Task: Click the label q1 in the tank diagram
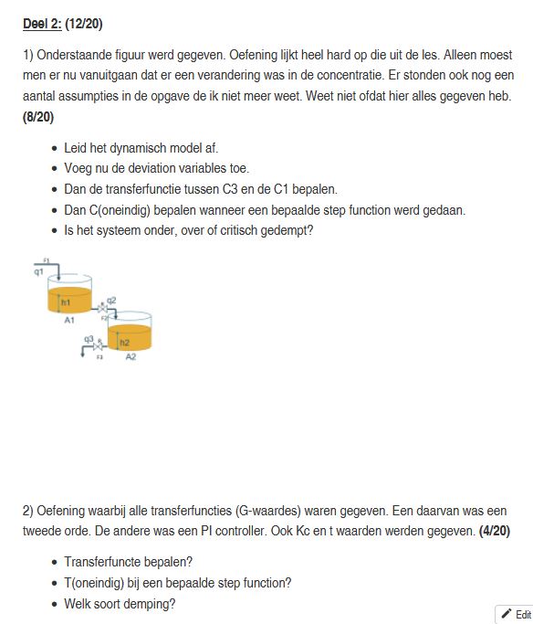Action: (38, 271)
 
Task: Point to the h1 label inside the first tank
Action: (66, 301)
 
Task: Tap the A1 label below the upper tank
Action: (69, 321)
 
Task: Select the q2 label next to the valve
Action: (111, 301)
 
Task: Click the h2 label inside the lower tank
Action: (125, 342)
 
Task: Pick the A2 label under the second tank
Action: (131, 357)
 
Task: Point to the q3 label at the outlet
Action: (89, 339)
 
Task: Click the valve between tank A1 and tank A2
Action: (101, 311)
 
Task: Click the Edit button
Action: (516, 614)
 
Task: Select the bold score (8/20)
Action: (40, 117)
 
